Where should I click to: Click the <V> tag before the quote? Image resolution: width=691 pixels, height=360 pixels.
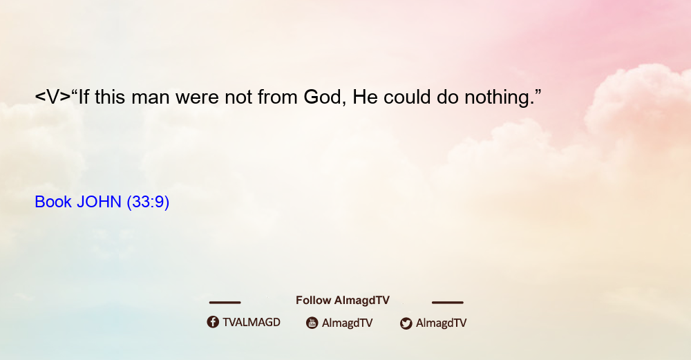53,97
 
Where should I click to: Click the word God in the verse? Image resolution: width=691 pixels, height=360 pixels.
322,97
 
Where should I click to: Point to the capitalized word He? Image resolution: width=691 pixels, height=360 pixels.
365,97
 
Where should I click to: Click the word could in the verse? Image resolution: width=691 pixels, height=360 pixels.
407,97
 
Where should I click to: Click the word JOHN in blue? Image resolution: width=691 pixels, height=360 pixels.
99,202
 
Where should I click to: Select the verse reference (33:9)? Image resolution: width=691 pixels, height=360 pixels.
148,202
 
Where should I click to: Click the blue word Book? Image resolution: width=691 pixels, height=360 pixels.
53,202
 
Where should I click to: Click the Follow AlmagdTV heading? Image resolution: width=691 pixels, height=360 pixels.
343,300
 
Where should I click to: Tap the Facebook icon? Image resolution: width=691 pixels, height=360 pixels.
213,322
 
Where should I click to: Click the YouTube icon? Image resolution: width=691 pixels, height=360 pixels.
312,323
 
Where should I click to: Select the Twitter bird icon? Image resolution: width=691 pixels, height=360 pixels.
406,323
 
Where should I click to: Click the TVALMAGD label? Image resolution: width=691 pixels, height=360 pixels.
252,322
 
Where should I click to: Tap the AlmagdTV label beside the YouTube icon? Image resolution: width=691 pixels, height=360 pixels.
348,323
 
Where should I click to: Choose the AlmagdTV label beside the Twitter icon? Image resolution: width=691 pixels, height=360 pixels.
441,323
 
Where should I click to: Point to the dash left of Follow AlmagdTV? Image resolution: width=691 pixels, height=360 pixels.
225,302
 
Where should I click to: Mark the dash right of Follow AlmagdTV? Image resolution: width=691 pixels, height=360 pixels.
448,302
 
